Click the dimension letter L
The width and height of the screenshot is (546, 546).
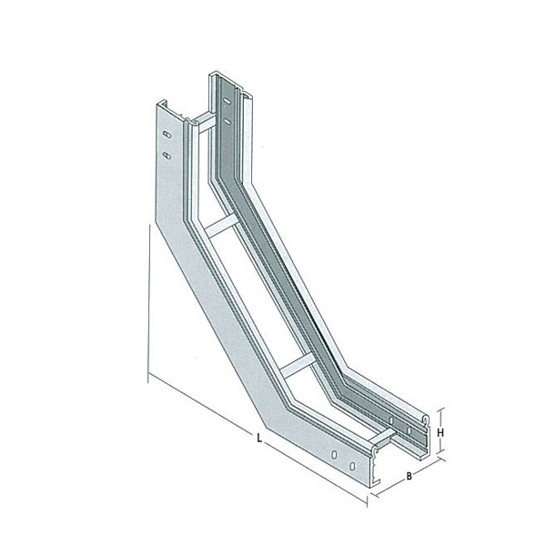pyautogui.click(x=259, y=438)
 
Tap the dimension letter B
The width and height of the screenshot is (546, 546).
pyautogui.click(x=409, y=476)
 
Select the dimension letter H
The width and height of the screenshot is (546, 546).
pyautogui.click(x=440, y=433)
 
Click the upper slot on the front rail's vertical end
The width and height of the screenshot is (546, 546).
pyautogui.click(x=167, y=135)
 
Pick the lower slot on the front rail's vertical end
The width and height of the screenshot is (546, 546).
pyautogui.click(x=167, y=155)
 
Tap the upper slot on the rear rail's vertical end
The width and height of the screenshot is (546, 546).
pyautogui.click(x=227, y=101)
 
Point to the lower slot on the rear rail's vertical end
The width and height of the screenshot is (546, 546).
pyautogui.click(x=227, y=121)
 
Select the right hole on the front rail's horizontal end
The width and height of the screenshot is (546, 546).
pyautogui.click(x=352, y=466)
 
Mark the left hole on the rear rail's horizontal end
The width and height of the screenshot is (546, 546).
pyautogui.click(x=391, y=420)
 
